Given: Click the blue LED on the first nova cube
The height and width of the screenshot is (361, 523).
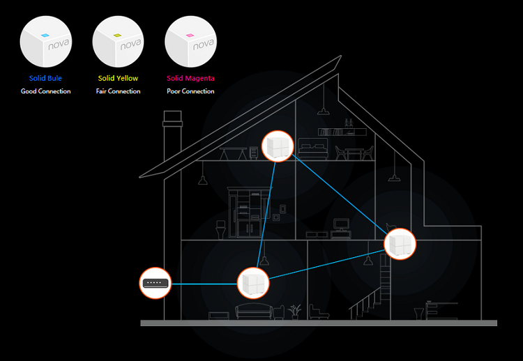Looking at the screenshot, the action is [x=45, y=35].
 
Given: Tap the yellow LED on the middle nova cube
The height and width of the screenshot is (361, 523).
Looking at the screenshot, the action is [x=117, y=35].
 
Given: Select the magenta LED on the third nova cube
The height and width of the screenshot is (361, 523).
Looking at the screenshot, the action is [x=190, y=35].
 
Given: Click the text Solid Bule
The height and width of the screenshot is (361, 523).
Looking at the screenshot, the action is [x=45, y=78].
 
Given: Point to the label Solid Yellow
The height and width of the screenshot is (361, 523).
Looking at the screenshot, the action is [x=118, y=78].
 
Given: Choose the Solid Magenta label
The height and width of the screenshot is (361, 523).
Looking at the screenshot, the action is [x=190, y=78].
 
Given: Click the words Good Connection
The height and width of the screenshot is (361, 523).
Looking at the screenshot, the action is [x=46, y=91].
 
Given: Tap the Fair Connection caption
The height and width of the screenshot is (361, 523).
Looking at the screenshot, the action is [x=118, y=91].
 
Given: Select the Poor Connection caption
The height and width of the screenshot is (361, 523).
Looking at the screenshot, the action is [x=190, y=91].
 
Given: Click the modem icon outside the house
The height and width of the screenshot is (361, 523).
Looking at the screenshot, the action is [x=155, y=284].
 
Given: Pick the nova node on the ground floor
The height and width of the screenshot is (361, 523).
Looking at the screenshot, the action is [x=253, y=283].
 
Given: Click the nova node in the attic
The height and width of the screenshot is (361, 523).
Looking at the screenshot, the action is [x=278, y=146].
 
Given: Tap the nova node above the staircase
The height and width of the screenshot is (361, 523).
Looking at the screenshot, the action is [x=400, y=244].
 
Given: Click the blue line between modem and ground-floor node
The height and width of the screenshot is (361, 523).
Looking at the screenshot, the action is [x=204, y=284].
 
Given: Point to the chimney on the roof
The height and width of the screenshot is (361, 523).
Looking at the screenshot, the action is [x=172, y=137].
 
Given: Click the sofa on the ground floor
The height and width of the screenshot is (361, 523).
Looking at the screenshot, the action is [x=254, y=312].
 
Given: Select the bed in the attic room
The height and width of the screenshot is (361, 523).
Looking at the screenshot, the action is [x=313, y=148].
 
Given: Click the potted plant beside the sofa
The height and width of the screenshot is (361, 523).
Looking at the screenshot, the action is [x=294, y=312].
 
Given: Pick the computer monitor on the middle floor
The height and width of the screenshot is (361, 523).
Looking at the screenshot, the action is [x=341, y=224].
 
